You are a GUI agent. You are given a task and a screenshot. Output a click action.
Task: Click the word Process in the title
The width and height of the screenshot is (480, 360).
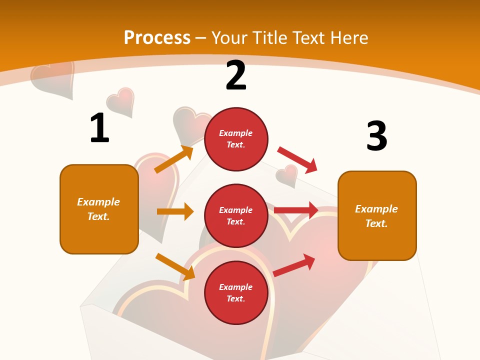[x=157, y=37]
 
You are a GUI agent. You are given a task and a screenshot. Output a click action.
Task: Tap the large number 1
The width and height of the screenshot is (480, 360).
[x=99, y=128]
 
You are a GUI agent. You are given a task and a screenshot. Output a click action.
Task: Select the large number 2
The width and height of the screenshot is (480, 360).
[x=236, y=75]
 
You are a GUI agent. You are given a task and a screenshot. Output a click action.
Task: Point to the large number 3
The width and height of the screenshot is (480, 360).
[x=376, y=136]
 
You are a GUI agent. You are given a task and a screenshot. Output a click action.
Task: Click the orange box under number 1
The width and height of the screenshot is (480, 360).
[x=99, y=209]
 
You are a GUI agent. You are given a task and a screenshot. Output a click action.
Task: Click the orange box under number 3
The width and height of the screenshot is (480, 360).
[x=377, y=215]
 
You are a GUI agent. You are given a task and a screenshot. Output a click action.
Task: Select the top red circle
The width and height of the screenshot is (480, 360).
[x=236, y=139]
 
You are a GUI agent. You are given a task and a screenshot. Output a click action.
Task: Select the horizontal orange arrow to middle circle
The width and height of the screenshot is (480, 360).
[x=175, y=211]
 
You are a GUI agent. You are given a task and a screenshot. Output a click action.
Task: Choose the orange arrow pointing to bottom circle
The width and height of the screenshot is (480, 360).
[x=175, y=266]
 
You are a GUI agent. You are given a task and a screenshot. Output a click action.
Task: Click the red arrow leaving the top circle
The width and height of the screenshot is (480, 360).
[x=297, y=159]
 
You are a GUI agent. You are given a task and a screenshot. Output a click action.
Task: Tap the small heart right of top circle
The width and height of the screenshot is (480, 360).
[x=287, y=175]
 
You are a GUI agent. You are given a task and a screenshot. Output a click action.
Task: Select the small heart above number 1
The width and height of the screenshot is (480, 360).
[x=120, y=102]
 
